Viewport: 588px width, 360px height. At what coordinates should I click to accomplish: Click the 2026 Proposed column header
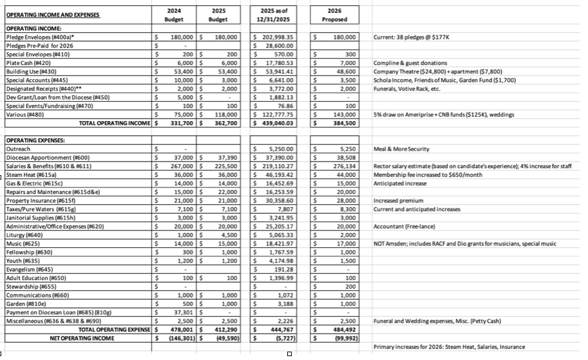334,15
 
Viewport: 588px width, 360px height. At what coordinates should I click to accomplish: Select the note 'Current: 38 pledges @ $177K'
408,37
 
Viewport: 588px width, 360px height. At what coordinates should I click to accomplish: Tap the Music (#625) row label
23,244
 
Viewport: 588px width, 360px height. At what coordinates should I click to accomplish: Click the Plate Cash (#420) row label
26,64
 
